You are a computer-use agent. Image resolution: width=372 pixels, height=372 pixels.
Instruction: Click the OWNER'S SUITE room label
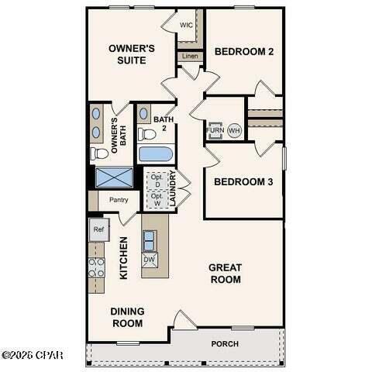(x=132, y=54)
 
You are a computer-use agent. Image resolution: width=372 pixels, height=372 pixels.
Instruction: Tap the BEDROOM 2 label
(x=244, y=52)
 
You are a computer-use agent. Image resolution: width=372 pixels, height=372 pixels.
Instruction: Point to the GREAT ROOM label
(x=225, y=273)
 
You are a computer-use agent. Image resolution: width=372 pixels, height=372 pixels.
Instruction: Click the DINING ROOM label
(x=127, y=317)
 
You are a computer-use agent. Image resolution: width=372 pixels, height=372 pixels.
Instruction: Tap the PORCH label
(x=225, y=343)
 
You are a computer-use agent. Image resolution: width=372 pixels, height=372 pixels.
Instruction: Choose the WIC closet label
(x=186, y=25)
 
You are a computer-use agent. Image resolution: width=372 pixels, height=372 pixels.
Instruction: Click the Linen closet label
(x=189, y=56)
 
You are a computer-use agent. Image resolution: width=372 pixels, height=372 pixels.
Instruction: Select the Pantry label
(x=118, y=200)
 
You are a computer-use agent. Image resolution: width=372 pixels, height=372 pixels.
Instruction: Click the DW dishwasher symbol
(x=150, y=259)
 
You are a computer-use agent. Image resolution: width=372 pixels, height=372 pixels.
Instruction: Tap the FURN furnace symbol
(x=215, y=130)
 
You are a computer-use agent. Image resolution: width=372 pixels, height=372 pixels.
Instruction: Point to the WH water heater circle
(x=235, y=131)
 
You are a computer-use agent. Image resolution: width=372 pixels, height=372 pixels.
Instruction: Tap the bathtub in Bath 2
(x=156, y=153)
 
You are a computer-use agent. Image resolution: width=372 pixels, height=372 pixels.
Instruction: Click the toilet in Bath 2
(x=146, y=134)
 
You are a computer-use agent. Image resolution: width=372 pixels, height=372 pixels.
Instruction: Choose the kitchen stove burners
(x=96, y=267)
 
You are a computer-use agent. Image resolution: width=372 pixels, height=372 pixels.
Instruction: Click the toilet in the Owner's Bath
(x=99, y=153)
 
